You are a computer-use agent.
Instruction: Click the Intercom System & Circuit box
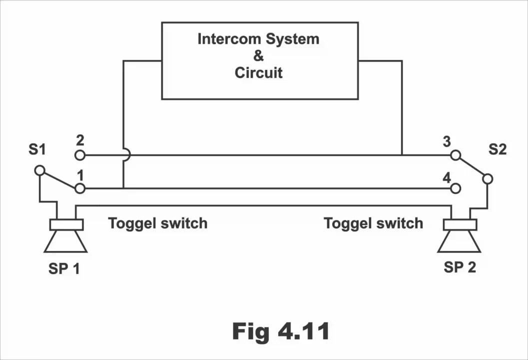(x=259, y=60)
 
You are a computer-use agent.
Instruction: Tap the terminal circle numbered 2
(x=80, y=155)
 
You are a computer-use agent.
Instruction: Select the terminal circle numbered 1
(x=80, y=188)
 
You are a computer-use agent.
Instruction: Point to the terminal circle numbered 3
(x=455, y=155)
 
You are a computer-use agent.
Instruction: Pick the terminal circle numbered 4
(x=455, y=188)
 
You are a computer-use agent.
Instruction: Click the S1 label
(x=37, y=149)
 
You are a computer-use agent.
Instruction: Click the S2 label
(x=497, y=149)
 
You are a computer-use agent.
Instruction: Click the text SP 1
(x=64, y=268)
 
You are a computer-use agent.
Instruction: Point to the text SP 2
(x=460, y=267)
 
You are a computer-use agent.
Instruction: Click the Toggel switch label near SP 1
(x=157, y=223)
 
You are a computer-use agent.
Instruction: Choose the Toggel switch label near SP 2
(x=373, y=223)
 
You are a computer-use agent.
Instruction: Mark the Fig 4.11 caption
(x=281, y=331)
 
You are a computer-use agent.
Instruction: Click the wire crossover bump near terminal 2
(x=127, y=155)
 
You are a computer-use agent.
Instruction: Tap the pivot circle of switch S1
(x=40, y=170)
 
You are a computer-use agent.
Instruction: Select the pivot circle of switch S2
(x=488, y=178)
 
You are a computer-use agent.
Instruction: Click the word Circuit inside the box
(x=259, y=73)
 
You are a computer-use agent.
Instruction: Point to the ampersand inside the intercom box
(x=259, y=56)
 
